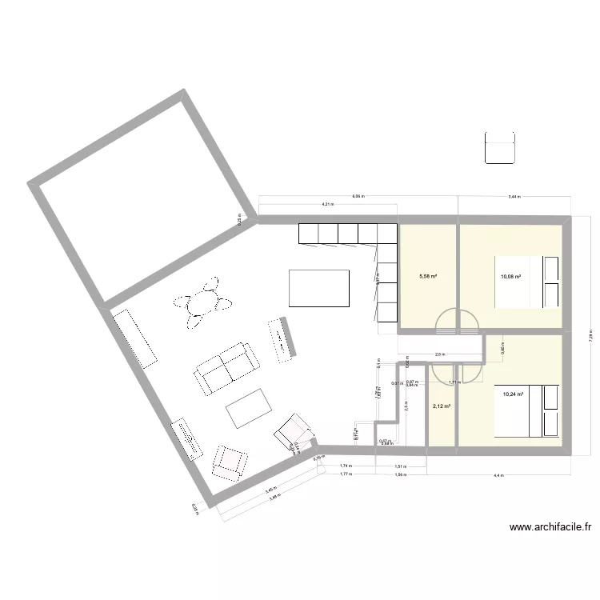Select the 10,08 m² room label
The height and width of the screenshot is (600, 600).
510,278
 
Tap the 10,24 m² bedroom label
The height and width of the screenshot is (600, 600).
513,394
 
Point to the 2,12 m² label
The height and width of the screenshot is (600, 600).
441,406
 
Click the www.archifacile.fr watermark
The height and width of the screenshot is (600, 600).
550,527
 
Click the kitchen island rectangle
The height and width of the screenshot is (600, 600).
319,288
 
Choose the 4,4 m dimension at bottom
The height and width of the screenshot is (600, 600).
498,476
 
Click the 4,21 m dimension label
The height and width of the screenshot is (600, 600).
327,205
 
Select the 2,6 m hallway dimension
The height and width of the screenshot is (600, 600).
439,354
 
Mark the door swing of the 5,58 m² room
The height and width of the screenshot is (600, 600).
446,321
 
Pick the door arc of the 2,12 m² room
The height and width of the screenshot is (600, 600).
442,372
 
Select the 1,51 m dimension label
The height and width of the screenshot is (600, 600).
398,466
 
